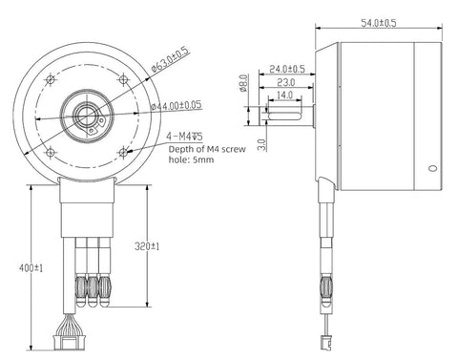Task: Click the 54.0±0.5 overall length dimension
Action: (379, 23)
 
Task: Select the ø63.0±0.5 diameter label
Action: (170, 59)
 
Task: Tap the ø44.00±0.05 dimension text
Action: (177, 105)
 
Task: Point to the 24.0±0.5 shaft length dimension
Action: (287, 69)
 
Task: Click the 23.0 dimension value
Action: (286, 82)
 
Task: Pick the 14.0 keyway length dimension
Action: (284, 95)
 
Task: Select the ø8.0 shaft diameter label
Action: (243, 83)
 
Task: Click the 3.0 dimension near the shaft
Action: (261, 145)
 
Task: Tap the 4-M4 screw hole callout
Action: (184, 137)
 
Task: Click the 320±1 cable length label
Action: (147, 246)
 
